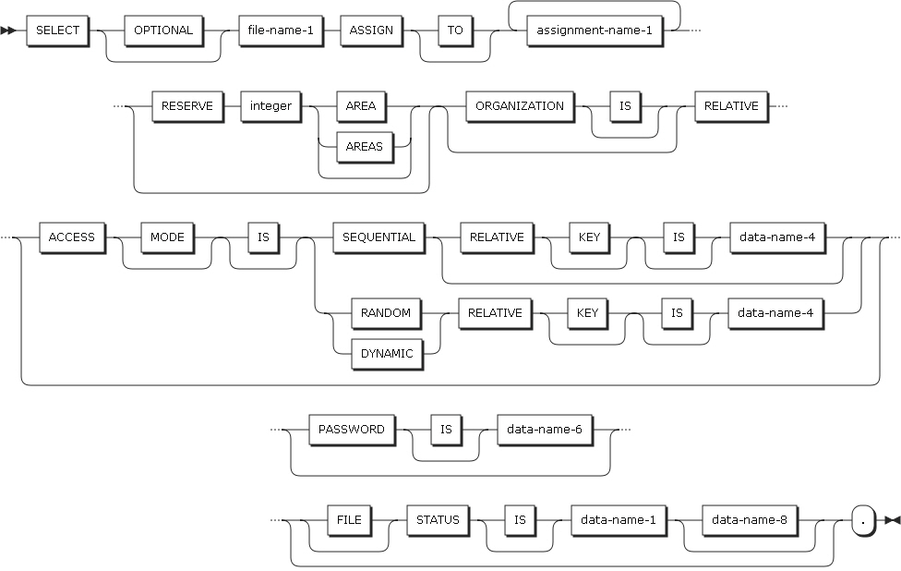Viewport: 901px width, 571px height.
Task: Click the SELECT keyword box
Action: click(57, 30)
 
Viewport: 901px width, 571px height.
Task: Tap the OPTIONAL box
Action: click(163, 30)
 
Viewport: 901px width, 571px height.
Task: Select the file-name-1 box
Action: click(282, 30)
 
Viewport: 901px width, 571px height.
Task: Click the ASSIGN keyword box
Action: click(371, 30)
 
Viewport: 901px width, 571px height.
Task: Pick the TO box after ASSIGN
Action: click(456, 30)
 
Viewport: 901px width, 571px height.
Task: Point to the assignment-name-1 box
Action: click(594, 30)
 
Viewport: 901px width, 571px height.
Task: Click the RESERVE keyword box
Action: click(187, 105)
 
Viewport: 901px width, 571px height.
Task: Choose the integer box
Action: click(270, 105)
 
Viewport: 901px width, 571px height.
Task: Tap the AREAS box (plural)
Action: click(364, 146)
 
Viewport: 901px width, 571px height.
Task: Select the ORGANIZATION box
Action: click(520, 105)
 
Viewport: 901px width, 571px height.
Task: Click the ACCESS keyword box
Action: click(72, 237)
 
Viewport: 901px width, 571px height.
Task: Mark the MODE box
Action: click(168, 237)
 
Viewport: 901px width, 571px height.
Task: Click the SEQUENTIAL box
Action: click(378, 237)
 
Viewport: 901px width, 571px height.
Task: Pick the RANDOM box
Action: click(386, 312)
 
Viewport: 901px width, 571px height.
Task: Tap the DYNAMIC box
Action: click(386, 353)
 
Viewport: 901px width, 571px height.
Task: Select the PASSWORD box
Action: click(351, 430)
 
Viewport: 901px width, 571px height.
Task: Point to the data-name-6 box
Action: click(545, 430)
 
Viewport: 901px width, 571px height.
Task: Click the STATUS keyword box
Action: click(438, 519)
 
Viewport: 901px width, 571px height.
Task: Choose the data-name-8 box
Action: click(750, 519)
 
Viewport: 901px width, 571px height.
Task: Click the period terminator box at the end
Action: click(862, 520)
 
